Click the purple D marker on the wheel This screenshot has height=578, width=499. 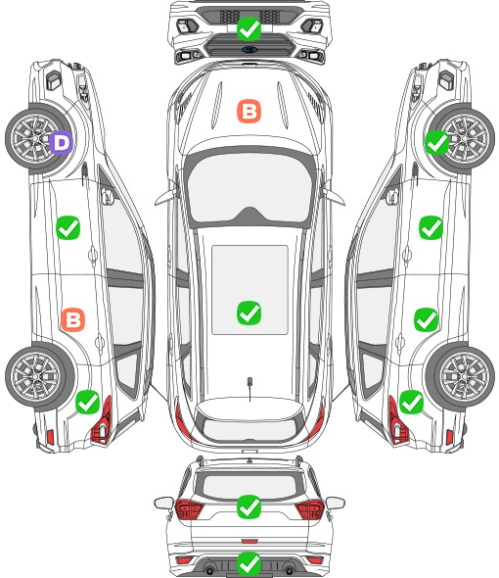[62, 142]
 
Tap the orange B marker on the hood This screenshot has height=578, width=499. [249, 111]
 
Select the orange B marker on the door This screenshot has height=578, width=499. [73, 319]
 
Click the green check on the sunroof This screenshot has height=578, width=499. [249, 313]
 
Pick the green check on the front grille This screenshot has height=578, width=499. [249, 28]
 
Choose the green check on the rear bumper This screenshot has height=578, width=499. [249, 564]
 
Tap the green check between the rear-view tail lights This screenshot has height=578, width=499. [249, 506]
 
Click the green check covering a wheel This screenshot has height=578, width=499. [437, 142]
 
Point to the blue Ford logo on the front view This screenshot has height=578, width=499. [249, 50]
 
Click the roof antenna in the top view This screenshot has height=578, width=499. [249, 387]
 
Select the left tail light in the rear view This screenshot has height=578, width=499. [189, 509]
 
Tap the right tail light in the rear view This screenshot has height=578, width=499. [309, 509]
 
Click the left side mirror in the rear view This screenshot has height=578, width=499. [163, 503]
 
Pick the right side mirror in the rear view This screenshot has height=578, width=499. [336, 503]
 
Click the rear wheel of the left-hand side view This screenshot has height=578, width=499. [39, 376]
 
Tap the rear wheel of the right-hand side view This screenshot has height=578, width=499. [461, 376]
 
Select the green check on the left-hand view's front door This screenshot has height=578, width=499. [68, 228]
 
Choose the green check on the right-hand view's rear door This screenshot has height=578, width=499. [426, 319]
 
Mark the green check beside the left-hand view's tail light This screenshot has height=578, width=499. [88, 402]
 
